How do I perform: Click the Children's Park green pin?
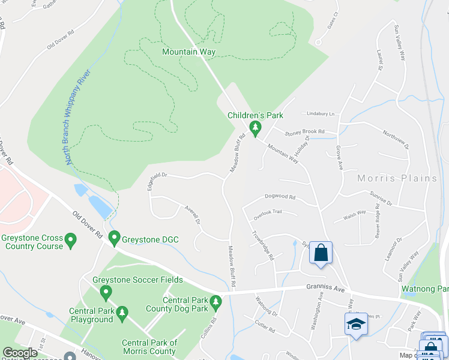click(x=255, y=128)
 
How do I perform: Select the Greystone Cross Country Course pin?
click(x=71, y=241)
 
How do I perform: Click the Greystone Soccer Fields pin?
click(x=106, y=293)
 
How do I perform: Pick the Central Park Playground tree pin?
click(x=122, y=313)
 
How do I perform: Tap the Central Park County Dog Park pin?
click(x=216, y=301)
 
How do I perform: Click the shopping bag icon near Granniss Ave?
click(x=321, y=253)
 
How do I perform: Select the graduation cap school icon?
click(x=356, y=324)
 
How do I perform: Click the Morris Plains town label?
click(x=397, y=178)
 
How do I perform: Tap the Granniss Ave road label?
click(x=326, y=289)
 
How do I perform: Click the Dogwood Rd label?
click(x=280, y=197)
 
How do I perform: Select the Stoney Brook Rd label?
click(x=304, y=131)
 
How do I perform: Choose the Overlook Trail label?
click(x=267, y=212)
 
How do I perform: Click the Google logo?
click(x=20, y=353)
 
